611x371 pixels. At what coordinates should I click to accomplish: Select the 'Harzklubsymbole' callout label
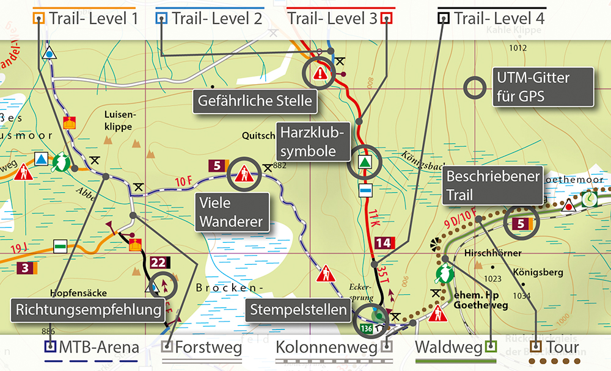click(x=314, y=140)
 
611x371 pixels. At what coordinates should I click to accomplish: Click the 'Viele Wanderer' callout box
click(x=233, y=212)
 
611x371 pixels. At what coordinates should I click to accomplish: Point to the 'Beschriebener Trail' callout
click(x=493, y=185)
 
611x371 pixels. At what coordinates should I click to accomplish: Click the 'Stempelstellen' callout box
click(x=298, y=310)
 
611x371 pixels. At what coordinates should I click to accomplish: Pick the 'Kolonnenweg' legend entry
click(x=327, y=348)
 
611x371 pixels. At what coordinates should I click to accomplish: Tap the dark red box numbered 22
click(x=158, y=262)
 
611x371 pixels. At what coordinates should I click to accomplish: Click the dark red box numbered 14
click(x=382, y=243)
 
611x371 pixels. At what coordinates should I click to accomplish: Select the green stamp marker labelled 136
click(x=367, y=329)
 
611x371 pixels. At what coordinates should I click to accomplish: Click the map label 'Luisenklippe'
click(x=118, y=119)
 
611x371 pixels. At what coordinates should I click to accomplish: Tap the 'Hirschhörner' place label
click(x=492, y=253)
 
